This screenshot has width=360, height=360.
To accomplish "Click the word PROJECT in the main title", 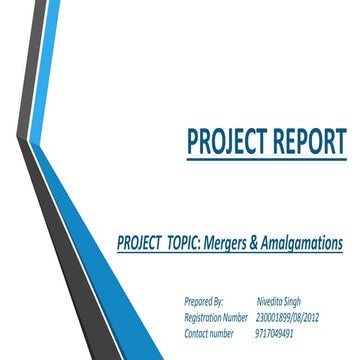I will [226, 143].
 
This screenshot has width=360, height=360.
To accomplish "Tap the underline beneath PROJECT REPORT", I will [266, 160].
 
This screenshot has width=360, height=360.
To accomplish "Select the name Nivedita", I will [267, 300].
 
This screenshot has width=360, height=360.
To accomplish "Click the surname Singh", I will [291, 300].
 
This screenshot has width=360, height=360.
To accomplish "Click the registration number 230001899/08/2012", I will [288, 316].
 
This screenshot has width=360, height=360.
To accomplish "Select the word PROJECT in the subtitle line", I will [141, 243].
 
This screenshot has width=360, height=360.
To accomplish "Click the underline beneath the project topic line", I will [230, 254].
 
